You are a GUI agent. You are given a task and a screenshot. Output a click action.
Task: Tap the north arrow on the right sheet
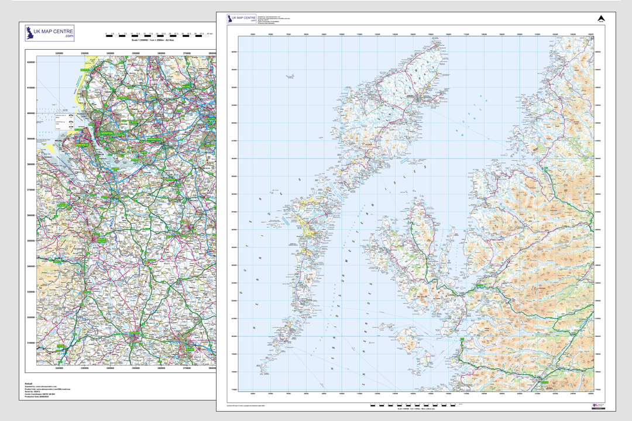pos(600,19)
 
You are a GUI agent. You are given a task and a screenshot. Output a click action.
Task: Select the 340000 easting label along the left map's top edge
pos(109,54)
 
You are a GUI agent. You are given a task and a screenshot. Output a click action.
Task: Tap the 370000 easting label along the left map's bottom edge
pos(187,368)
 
